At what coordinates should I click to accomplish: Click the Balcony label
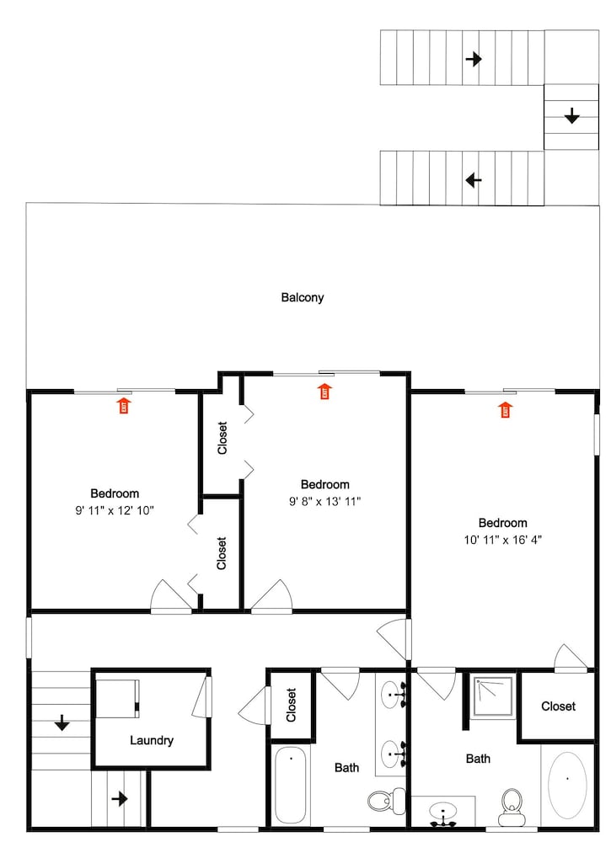(x=302, y=297)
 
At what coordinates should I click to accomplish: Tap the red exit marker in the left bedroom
(x=124, y=406)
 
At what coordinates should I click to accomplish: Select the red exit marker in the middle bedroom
(x=324, y=392)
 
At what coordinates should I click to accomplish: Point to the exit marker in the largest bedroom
(x=505, y=410)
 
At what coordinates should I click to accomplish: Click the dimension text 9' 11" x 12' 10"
(x=115, y=510)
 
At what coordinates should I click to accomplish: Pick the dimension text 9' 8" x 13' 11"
(x=324, y=502)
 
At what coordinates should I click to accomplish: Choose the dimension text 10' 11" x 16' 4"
(x=502, y=540)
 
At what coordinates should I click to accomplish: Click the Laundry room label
(x=152, y=740)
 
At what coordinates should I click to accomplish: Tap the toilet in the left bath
(x=387, y=801)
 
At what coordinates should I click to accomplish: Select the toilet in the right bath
(x=511, y=807)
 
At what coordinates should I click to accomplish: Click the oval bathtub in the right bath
(x=567, y=785)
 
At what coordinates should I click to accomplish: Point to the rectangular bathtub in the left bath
(x=290, y=784)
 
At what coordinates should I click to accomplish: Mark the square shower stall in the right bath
(x=493, y=696)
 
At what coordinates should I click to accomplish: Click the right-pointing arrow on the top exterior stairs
(x=474, y=59)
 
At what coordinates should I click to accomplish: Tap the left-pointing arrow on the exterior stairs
(x=474, y=180)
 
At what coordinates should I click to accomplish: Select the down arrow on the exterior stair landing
(x=571, y=115)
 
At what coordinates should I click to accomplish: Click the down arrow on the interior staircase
(x=62, y=722)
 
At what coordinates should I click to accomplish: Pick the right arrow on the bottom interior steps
(x=120, y=799)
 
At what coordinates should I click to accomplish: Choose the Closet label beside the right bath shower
(x=559, y=706)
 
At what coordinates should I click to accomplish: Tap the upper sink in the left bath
(x=393, y=695)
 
